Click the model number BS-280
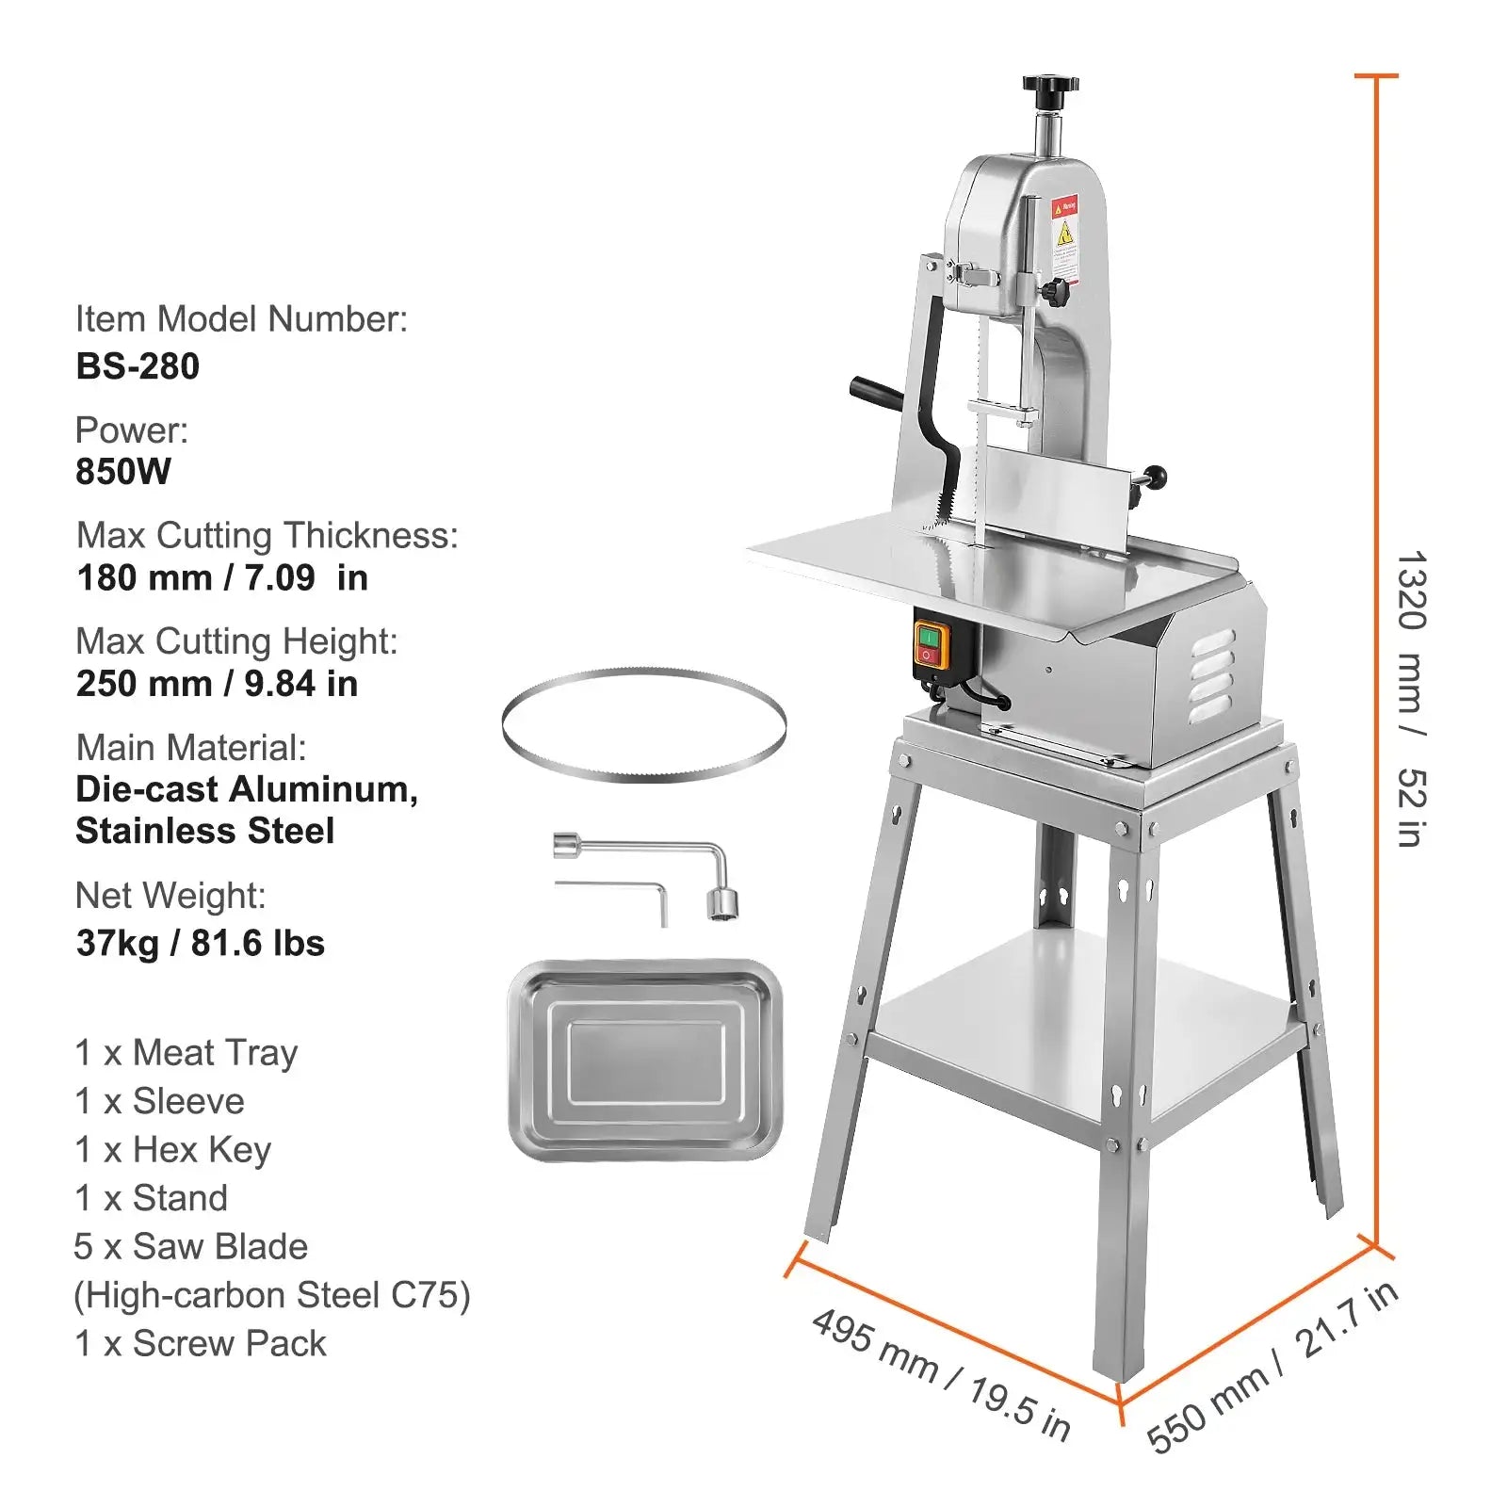(138, 366)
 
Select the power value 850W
(123, 471)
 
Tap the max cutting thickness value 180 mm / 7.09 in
(222, 577)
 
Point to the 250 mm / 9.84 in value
(217, 684)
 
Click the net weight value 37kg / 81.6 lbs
(200, 943)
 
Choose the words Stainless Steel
(204, 831)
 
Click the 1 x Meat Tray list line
(186, 1052)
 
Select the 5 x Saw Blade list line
(191, 1246)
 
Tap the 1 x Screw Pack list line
(201, 1343)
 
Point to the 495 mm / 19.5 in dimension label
(941, 1374)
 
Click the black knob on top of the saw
(1050, 89)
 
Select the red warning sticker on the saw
(1064, 235)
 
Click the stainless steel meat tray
(645, 1060)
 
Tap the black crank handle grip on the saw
(874, 390)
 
